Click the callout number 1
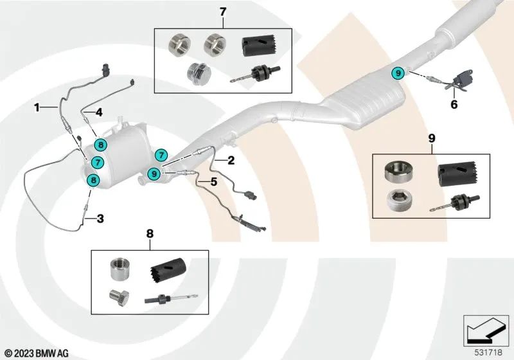tap(37, 105)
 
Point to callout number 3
tap(100, 219)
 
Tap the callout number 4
tap(100, 112)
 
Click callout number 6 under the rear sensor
tap(454, 104)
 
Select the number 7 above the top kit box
tap(223, 12)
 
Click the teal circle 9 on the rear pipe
tap(398, 73)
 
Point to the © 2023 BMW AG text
tap(37, 354)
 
